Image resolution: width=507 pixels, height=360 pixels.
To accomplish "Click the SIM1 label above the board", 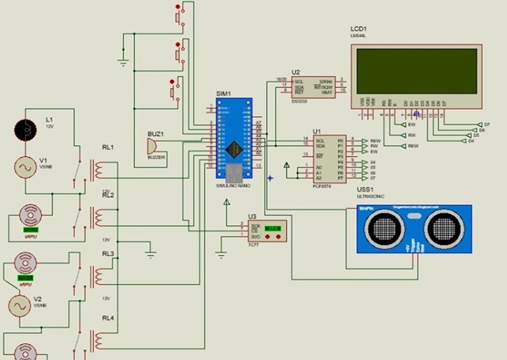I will click(223, 94).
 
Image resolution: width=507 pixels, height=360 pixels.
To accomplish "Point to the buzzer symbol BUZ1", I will click(149, 145).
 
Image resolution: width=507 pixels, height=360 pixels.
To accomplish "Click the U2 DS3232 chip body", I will click(312, 87).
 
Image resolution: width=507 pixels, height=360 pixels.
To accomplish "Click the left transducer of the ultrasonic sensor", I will click(386, 228).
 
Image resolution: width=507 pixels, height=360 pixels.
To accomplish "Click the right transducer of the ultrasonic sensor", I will click(443, 228).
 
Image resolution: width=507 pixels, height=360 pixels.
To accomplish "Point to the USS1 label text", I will click(366, 189).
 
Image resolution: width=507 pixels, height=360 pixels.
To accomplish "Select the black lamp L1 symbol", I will click(27, 129).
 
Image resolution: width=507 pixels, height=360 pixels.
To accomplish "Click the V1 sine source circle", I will click(27, 168).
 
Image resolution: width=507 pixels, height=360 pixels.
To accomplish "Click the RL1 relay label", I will click(108, 148).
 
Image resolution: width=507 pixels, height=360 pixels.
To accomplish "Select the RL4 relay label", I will click(108, 319).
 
